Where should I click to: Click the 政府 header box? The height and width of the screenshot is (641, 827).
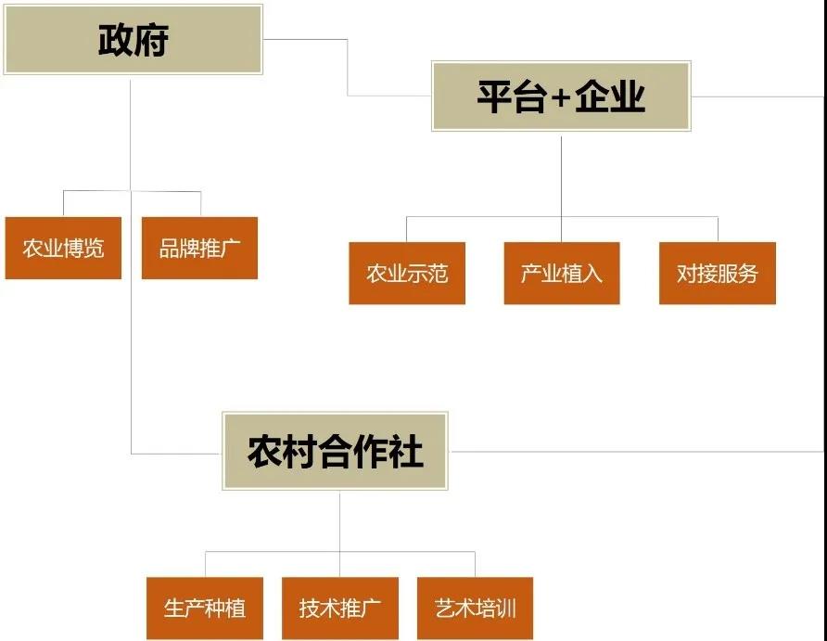pos(133,40)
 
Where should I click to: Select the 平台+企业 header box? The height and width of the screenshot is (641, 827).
pos(561,96)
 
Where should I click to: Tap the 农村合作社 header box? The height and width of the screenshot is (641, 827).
pos(335,452)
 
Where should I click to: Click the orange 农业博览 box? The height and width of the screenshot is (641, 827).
pos(63,248)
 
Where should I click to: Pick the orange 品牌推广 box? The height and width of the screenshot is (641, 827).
pos(199,248)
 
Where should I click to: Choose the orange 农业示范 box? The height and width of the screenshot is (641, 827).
pos(407,273)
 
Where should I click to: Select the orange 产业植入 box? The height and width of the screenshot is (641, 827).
pos(562,273)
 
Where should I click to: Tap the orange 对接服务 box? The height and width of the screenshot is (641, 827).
pos(717,273)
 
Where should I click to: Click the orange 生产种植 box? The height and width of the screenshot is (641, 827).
pos(205,609)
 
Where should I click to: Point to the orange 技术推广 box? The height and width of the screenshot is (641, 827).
pos(339,609)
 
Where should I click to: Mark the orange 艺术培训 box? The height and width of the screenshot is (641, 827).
pos(475,609)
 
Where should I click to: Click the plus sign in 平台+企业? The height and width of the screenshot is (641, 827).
pos(560,97)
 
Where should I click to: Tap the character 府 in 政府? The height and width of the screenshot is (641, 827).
pos(151,41)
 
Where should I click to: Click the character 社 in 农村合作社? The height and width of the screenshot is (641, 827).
pos(405,452)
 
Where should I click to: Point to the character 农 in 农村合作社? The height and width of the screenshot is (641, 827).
pos(264,452)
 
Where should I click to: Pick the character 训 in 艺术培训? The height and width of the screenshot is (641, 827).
pos(506,609)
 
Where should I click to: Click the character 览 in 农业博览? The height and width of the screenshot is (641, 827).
pos(94,248)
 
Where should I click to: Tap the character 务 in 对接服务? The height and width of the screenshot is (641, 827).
pos(747,273)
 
